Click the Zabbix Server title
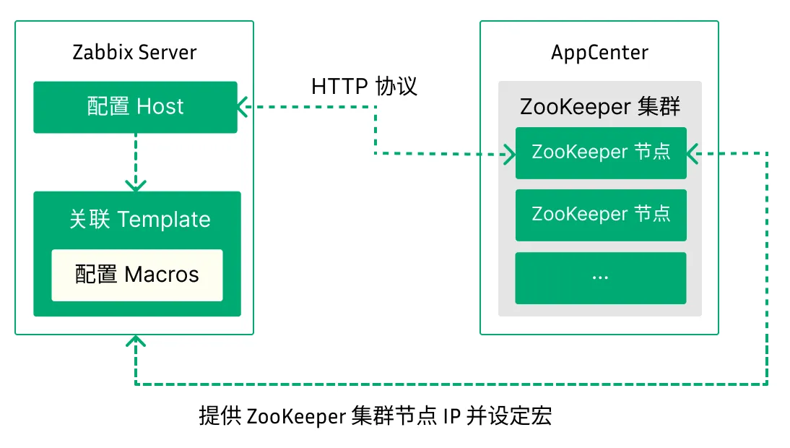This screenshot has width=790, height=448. point(134,53)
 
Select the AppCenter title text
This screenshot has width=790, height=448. point(599,53)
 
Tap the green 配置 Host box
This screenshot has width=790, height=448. point(135,107)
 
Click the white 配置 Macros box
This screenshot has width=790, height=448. point(136,275)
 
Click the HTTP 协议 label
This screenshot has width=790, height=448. point(364,87)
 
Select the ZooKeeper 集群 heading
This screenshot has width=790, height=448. point(599,107)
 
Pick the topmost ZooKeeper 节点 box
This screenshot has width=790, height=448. point(600,152)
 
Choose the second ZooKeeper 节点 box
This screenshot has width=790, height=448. point(600,215)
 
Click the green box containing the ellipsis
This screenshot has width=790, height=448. point(600,277)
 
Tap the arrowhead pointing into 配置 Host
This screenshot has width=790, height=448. point(243,107)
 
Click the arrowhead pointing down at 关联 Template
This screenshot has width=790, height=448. point(136,184)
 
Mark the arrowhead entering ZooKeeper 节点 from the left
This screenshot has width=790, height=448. point(508,153)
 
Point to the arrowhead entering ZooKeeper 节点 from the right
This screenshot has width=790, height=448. point(692,153)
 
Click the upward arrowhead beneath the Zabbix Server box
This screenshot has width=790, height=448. point(136,343)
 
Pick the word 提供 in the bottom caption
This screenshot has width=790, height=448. point(220,418)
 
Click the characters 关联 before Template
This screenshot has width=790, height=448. point(90,220)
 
